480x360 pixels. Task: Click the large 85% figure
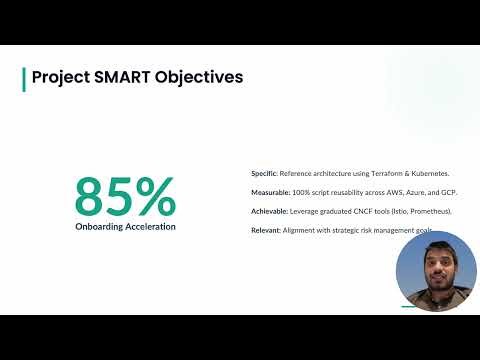point(125,196)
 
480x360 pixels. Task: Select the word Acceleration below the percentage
point(151,226)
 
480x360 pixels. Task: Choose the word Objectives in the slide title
point(199,77)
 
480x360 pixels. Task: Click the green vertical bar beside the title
point(24,79)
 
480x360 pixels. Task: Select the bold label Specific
point(263,173)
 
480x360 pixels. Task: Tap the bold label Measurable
point(269,192)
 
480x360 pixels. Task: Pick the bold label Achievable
point(268,212)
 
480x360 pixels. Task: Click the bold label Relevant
point(265,231)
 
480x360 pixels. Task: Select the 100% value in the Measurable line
point(300,192)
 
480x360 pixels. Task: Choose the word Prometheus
point(428,212)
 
